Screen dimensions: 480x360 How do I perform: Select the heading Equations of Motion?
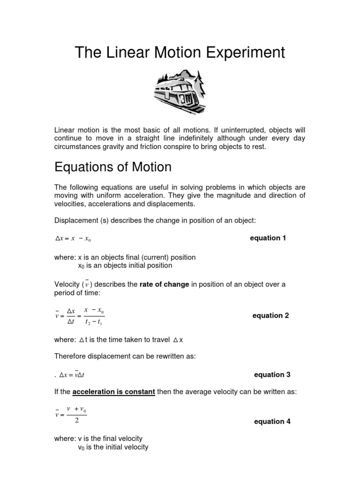(113, 167)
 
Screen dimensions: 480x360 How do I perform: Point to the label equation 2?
(270, 315)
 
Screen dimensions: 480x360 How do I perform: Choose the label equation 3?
(272, 375)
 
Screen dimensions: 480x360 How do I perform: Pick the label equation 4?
(272, 421)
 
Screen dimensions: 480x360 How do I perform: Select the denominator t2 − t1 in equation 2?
(95, 323)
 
